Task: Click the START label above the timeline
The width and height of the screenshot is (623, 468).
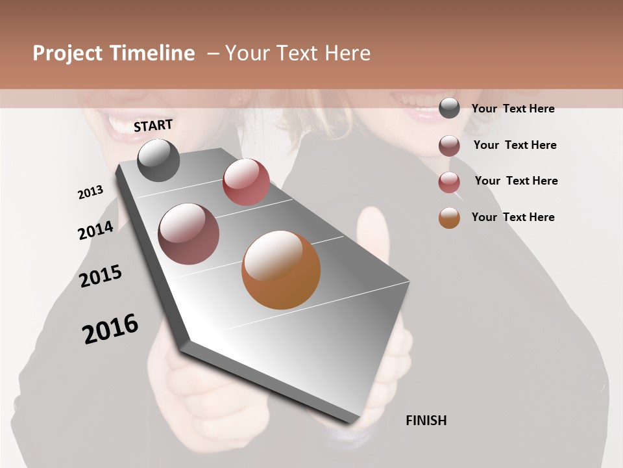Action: (153, 125)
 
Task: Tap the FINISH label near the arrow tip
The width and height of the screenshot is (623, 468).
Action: (426, 421)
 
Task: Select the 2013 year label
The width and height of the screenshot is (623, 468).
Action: (90, 192)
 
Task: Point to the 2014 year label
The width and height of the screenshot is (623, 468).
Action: (95, 231)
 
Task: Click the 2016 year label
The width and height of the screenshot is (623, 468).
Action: (110, 329)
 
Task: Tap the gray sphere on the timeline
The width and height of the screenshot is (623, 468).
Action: (158, 160)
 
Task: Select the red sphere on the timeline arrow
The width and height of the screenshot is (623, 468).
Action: (246, 182)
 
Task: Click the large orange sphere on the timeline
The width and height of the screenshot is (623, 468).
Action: (281, 270)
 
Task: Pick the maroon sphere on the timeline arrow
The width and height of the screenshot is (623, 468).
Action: (189, 234)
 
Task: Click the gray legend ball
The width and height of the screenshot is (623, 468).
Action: (449, 109)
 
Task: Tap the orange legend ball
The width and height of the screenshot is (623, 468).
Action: (449, 218)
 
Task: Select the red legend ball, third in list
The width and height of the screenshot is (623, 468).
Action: (449, 182)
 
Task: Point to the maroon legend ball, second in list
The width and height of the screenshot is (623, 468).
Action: (449, 146)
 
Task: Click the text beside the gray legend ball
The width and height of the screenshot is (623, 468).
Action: (513, 109)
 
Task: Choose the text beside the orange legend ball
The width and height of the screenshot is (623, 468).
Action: (513, 217)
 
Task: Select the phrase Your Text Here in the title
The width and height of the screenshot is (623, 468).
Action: (298, 53)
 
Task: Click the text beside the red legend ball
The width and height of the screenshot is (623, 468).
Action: (516, 181)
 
